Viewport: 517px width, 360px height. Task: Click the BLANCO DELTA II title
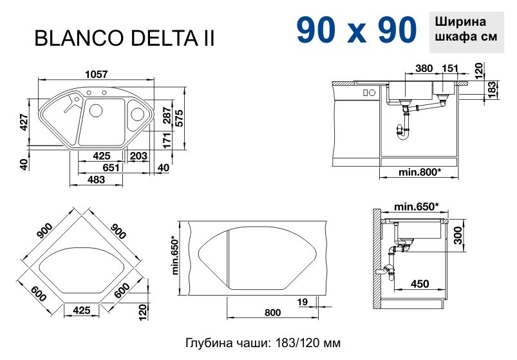125,38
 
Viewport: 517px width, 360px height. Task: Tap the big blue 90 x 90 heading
357,30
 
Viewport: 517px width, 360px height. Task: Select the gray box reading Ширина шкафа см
466,32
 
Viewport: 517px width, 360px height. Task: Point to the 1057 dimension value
97,74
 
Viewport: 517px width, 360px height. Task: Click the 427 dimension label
24,122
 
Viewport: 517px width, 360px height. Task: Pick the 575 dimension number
178,117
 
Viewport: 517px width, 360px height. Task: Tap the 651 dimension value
111,167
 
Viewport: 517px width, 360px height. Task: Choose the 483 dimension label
97,179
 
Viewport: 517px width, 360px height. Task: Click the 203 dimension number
138,156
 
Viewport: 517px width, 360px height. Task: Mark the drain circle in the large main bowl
96,110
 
